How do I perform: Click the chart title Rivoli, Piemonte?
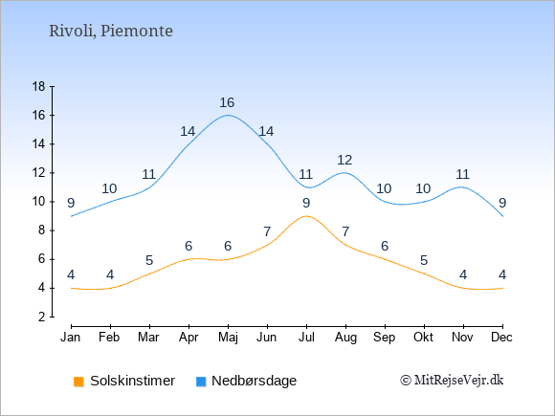(x=111, y=32)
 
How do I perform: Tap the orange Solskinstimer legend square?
(x=78, y=382)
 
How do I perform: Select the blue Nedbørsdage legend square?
(x=201, y=382)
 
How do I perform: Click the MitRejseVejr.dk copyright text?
(x=452, y=381)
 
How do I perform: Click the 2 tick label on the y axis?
(x=42, y=317)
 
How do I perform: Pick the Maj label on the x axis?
(x=228, y=338)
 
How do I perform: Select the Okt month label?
(x=423, y=338)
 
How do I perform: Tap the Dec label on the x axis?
(x=501, y=338)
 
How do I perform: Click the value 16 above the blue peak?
(x=227, y=102)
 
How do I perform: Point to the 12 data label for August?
(x=344, y=161)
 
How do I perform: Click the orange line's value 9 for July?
(x=306, y=203)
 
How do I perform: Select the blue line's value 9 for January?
(x=71, y=203)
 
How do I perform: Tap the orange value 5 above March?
(x=149, y=261)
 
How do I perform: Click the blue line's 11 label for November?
(x=462, y=174)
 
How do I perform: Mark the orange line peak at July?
(x=306, y=216)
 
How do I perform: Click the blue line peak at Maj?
(x=228, y=116)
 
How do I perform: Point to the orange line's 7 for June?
(x=267, y=232)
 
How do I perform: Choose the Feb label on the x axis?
(x=109, y=338)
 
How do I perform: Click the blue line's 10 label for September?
(x=384, y=189)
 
